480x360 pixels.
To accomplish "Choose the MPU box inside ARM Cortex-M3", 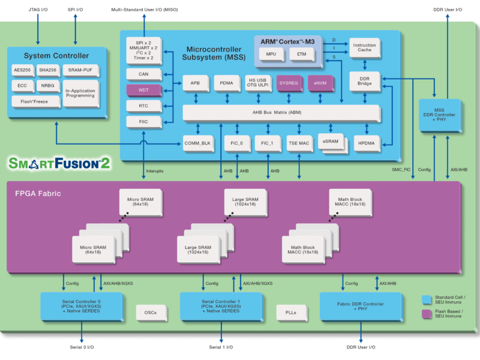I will tap(271, 55).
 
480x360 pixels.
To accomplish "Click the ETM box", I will tap(301, 55).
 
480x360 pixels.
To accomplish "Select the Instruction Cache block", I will tap(364, 48).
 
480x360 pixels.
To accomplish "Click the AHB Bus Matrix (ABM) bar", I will tap(281, 113).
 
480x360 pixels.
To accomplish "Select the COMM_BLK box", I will tap(198, 143).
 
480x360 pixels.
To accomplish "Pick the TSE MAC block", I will tap(298, 143).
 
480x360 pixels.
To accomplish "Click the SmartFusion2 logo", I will tap(59, 163).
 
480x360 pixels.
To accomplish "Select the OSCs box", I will tap(150, 312).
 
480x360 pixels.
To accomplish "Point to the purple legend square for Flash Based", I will tap(427, 313).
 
